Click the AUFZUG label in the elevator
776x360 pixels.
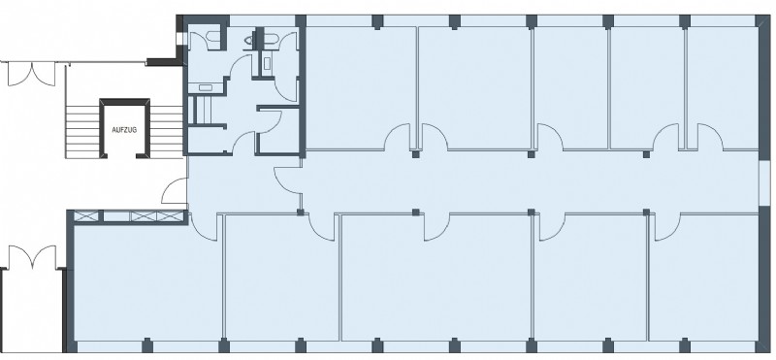tap(124, 130)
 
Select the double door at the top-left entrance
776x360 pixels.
tap(31, 74)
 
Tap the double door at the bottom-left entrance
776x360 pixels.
tap(32, 257)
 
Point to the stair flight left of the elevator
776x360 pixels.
tap(82, 132)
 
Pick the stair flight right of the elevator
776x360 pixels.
tap(167, 132)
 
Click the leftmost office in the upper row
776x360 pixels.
tap(360, 87)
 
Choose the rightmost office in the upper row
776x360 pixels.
tap(723, 87)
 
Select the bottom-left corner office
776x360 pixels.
tap(147, 282)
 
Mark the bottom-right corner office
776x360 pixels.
tap(703, 278)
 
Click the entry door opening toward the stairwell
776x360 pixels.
tap(175, 190)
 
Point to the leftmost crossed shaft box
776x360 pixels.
tap(86, 216)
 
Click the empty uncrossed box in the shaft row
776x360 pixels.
tap(116, 216)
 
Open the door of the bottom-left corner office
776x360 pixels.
tap(204, 228)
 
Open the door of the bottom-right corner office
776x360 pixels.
tap(667, 227)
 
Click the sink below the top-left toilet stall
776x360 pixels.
tap(206, 88)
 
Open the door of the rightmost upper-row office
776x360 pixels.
tap(710, 137)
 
